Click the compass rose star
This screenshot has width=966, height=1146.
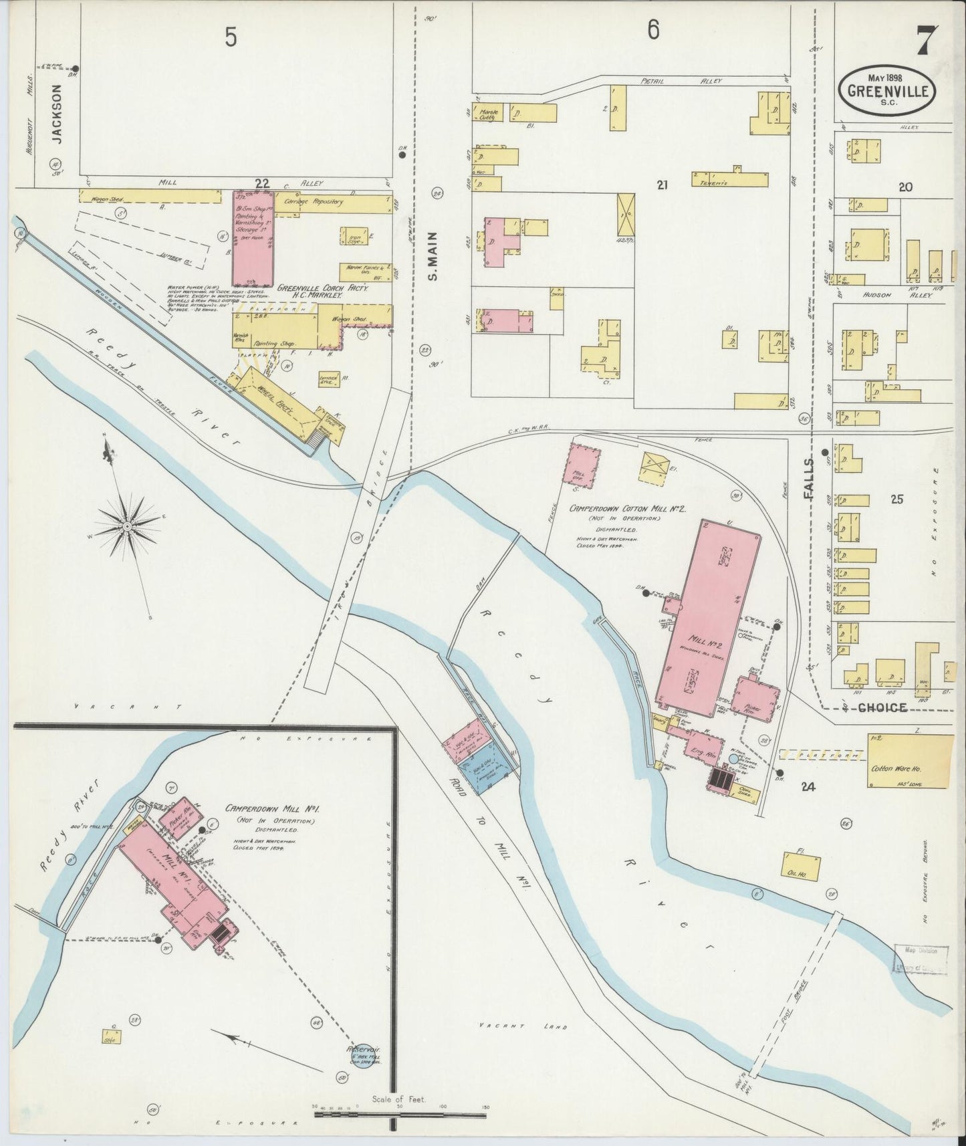tap(126, 527)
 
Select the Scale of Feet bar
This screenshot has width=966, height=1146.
tap(400, 1108)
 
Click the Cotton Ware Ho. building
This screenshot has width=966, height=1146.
tap(909, 761)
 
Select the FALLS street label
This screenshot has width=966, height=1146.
tap(810, 479)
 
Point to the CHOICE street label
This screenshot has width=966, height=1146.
tap(882, 707)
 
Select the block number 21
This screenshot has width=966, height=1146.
tap(662, 185)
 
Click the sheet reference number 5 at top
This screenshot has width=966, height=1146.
tap(231, 38)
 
